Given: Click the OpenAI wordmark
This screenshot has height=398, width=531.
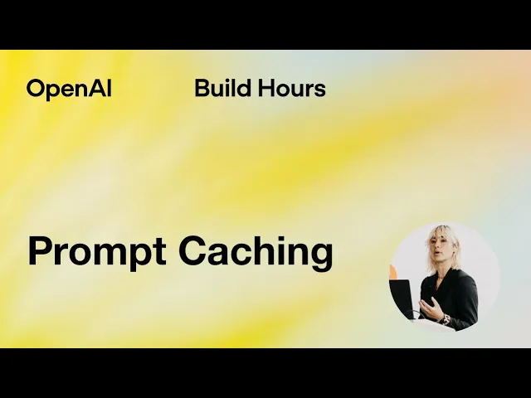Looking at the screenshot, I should pyautogui.click(x=69, y=89).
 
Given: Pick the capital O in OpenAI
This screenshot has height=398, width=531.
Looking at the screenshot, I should pyautogui.click(x=36, y=89).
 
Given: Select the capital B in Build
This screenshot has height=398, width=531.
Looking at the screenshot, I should pyautogui.click(x=202, y=88).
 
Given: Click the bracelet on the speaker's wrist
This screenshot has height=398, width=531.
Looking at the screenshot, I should pyautogui.click(x=446, y=319).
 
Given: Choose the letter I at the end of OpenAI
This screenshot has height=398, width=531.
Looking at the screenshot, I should pyautogui.click(x=108, y=89).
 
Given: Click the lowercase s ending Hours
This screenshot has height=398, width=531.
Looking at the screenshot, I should pyautogui.click(x=320, y=90).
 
